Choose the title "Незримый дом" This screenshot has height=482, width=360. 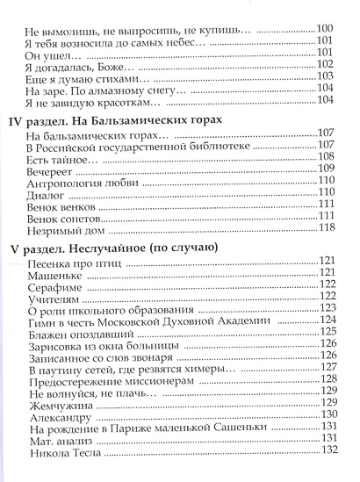pos(66,227)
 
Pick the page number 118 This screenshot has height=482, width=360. pos(327,227)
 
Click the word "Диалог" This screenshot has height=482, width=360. pos(48,194)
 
